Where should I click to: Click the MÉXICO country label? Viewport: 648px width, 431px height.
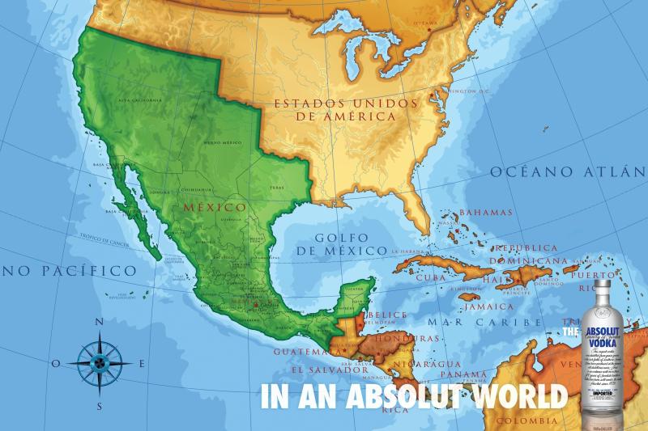[214, 207]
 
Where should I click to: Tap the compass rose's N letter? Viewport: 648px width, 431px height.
[100, 322]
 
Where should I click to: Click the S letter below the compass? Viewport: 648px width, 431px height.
[100, 405]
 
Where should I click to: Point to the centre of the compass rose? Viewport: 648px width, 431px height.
[100, 364]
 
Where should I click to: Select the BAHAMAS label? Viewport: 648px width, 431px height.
[486, 213]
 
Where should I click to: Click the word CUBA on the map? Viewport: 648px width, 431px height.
[431, 277]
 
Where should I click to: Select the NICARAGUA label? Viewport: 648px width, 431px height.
[421, 365]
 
